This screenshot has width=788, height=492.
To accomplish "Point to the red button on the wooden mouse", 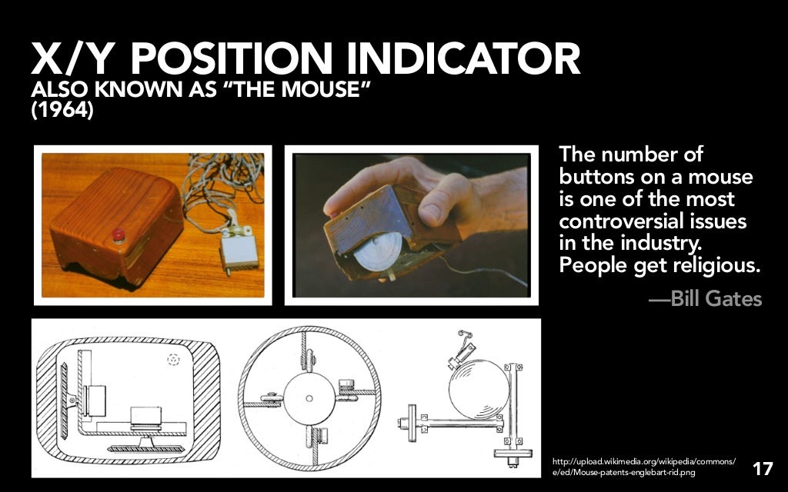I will pyautogui.click(x=119, y=235).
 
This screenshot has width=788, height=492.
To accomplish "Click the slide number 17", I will pyautogui.click(x=762, y=468).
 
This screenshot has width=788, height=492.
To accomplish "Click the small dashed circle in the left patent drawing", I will pyautogui.click(x=173, y=358).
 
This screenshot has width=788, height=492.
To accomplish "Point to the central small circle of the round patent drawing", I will pyautogui.click(x=309, y=397).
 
